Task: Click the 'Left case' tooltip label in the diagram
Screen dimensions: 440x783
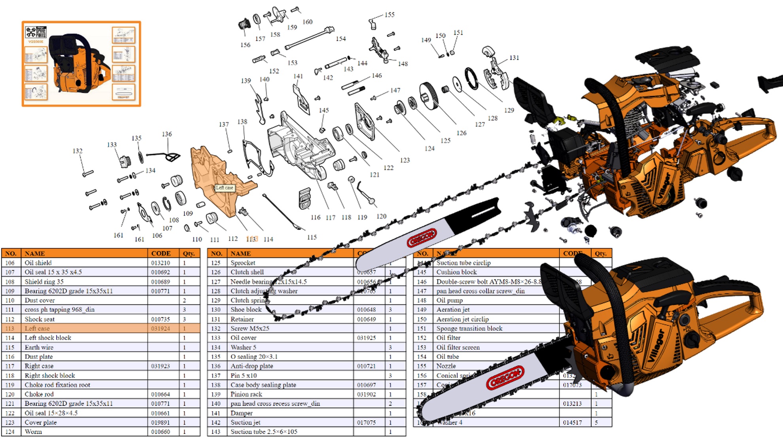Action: [225, 188]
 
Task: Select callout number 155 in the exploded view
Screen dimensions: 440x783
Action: [390, 15]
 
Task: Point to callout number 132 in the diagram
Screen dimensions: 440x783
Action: [78, 151]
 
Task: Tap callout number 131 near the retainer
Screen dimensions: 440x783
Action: [514, 58]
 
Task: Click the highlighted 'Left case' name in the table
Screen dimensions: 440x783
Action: [37, 328]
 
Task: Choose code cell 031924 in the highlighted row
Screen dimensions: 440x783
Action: [161, 328]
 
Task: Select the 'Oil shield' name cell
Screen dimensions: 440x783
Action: [38, 263]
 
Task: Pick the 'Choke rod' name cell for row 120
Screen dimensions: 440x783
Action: [39, 394]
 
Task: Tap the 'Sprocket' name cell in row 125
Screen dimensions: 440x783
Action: [243, 263]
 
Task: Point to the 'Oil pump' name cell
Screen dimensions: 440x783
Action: [449, 300]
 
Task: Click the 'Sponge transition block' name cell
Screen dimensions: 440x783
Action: [469, 328]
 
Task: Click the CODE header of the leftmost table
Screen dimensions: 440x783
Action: [161, 253]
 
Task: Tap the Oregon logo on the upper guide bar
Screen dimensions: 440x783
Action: [422, 238]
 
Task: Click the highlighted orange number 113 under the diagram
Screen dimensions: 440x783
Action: [252, 239]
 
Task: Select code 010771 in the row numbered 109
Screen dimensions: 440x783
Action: [161, 291]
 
